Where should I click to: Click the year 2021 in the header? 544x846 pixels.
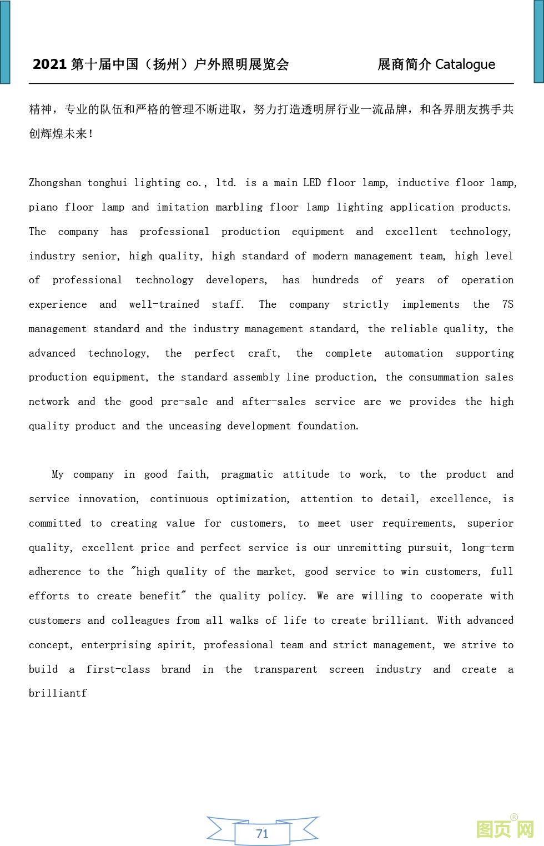[x=50, y=64]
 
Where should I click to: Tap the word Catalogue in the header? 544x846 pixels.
[x=465, y=64]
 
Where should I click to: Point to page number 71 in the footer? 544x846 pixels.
[x=262, y=833]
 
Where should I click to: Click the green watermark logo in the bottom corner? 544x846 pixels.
[x=505, y=829]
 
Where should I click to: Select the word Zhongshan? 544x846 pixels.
[x=55, y=183]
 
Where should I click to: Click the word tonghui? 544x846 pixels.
[x=107, y=183]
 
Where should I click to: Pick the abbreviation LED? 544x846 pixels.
[x=311, y=183]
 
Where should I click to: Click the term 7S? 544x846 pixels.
[x=507, y=304]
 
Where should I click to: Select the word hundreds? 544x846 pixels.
[x=335, y=280]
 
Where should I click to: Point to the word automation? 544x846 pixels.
[x=414, y=353]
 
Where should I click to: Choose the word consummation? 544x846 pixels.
[x=444, y=377]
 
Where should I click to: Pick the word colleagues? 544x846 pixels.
[x=140, y=620]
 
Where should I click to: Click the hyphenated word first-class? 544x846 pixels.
[x=118, y=669]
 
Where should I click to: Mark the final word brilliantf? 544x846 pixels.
[x=58, y=693]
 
